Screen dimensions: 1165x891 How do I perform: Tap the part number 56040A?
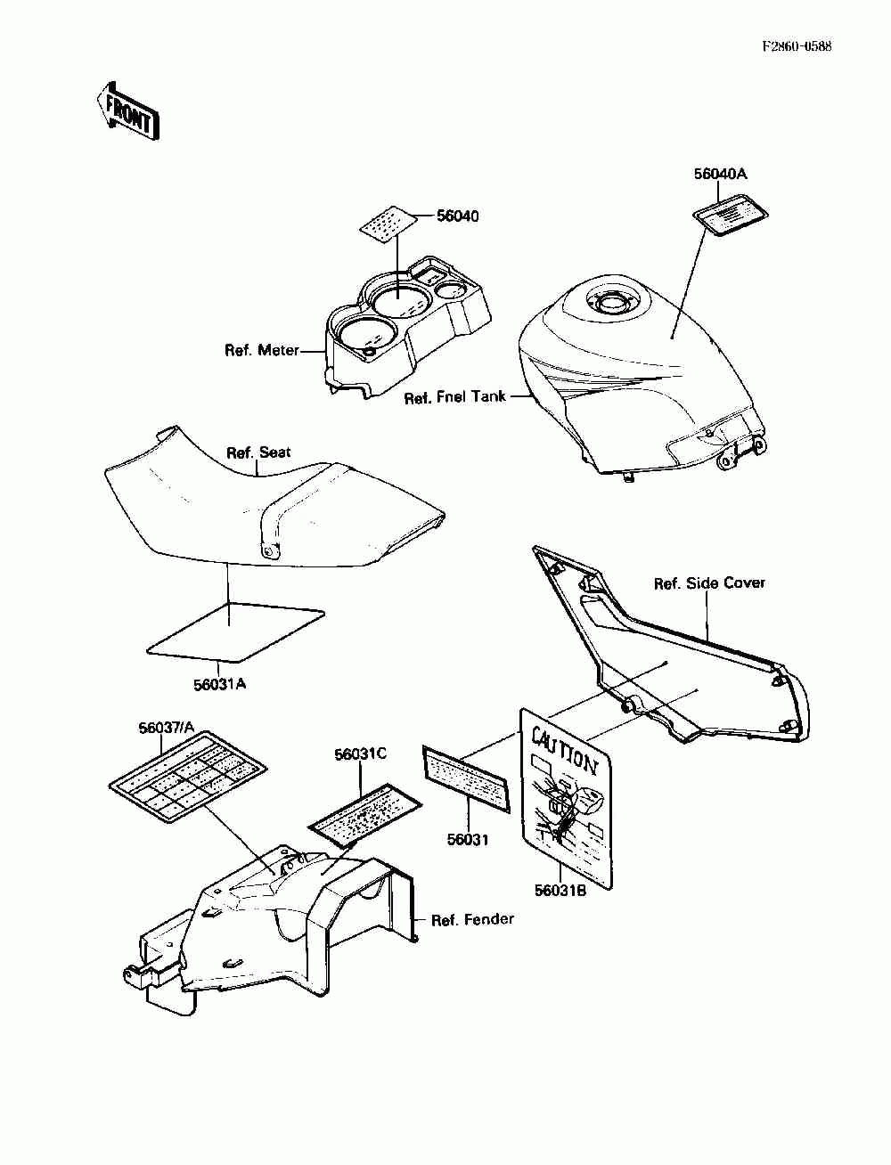(720, 175)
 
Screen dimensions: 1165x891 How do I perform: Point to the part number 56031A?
(219, 684)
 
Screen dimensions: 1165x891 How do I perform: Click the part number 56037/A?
(166, 728)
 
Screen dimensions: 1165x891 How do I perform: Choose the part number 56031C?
(360, 754)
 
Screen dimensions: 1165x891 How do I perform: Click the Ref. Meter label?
(261, 351)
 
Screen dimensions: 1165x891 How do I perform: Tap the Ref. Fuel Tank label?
(454, 397)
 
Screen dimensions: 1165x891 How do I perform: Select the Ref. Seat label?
(258, 452)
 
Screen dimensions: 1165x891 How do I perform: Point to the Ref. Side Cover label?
(709, 583)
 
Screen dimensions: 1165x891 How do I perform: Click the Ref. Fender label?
(472, 919)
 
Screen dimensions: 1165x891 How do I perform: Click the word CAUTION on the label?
(565, 749)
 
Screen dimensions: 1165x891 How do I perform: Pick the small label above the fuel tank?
(732, 216)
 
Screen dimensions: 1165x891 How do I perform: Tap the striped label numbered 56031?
(466, 778)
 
